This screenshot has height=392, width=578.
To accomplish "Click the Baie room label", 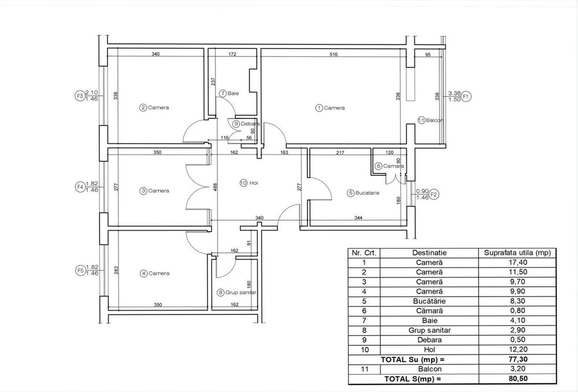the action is (234, 93).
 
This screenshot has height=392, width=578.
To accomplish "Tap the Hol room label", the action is (253, 183).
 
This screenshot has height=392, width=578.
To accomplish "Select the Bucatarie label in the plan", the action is (367, 193).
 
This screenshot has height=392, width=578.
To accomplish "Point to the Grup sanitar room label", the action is (240, 293).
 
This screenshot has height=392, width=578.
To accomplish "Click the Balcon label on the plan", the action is (435, 120).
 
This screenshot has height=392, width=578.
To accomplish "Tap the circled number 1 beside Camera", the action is (318, 108).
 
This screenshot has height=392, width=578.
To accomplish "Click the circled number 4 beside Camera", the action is (143, 273).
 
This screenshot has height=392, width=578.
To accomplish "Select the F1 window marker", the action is (466, 96).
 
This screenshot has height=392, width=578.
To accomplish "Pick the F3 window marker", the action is (79, 96).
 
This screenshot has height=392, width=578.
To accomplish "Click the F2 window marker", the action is (435, 194).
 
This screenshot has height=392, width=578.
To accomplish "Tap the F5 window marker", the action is (80, 271).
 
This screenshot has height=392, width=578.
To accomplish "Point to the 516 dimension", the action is (334, 54).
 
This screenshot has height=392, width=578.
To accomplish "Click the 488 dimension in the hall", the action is (215, 187).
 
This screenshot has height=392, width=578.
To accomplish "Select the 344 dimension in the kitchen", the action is (358, 218).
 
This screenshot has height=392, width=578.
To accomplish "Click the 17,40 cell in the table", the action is (517, 262).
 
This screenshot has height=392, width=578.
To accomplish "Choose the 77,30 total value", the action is (517, 359).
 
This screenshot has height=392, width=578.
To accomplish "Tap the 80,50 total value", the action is (517, 379).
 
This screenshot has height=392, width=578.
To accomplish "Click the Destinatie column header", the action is (429, 253).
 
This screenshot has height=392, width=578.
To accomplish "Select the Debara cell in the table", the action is (429, 340).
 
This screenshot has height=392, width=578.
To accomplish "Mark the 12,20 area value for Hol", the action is (517, 350).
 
